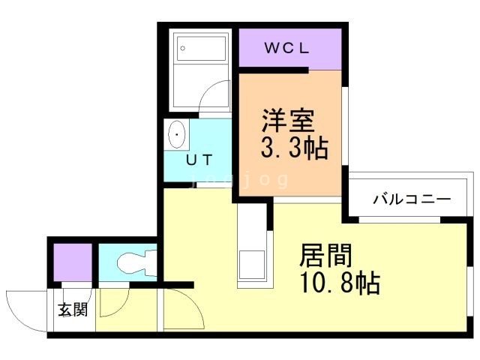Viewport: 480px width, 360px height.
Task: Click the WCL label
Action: pyautogui.click(x=286, y=48)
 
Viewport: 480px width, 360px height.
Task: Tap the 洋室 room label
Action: pyautogui.click(x=288, y=120)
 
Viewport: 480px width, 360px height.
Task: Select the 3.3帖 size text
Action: pyautogui.click(x=294, y=148)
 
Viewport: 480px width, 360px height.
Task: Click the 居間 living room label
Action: pyautogui.click(x=325, y=256)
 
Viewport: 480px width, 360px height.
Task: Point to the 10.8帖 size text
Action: pyautogui.click(x=340, y=283)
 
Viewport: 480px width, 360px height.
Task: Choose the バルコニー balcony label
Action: pyautogui.click(x=412, y=199)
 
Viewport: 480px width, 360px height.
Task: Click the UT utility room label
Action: pyautogui.click(x=199, y=160)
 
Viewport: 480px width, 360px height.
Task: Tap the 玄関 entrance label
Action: pyautogui.click(x=73, y=310)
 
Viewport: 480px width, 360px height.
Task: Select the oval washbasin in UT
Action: pyautogui.click(x=177, y=134)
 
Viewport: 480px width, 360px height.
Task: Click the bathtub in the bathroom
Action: pyautogui.click(x=200, y=48)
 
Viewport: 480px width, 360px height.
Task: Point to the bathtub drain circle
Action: pyautogui.click(x=183, y=48)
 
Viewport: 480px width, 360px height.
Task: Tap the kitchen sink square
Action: pyautogui.click(x=252, y=265)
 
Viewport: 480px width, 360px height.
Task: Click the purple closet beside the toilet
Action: pyautogui.click(x=73, y=262)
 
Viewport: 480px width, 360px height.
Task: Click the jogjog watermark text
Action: pyautogui.click(x=239, y=180)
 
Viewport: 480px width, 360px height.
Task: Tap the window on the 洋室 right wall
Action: pyautogui.click(x=345, y=126)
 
